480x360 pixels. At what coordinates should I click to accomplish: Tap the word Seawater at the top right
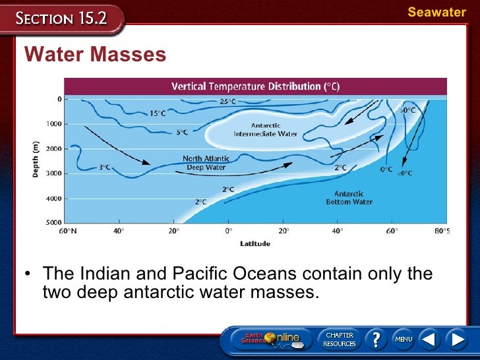[x=436, y=13]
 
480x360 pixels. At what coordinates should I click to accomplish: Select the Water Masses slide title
[x=95, y=55]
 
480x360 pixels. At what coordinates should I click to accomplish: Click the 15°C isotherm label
[x=158, y=113]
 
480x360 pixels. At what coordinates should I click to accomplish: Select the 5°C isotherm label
[x=181, y=132]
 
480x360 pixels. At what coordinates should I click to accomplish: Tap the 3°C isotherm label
[x=104, y=167]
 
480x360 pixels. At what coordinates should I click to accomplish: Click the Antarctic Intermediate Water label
[x=266, y=129]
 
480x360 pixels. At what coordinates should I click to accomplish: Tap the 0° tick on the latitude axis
[x=229, y=231]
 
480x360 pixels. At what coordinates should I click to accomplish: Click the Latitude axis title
[x=255, y=243]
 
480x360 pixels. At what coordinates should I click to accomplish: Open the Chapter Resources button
[x=339, y=340]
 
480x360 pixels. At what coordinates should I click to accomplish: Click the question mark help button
[x=376, y=340]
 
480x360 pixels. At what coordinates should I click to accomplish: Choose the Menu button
[x=404, y=340]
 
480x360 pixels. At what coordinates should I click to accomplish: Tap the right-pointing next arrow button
[x=456, y=340]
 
